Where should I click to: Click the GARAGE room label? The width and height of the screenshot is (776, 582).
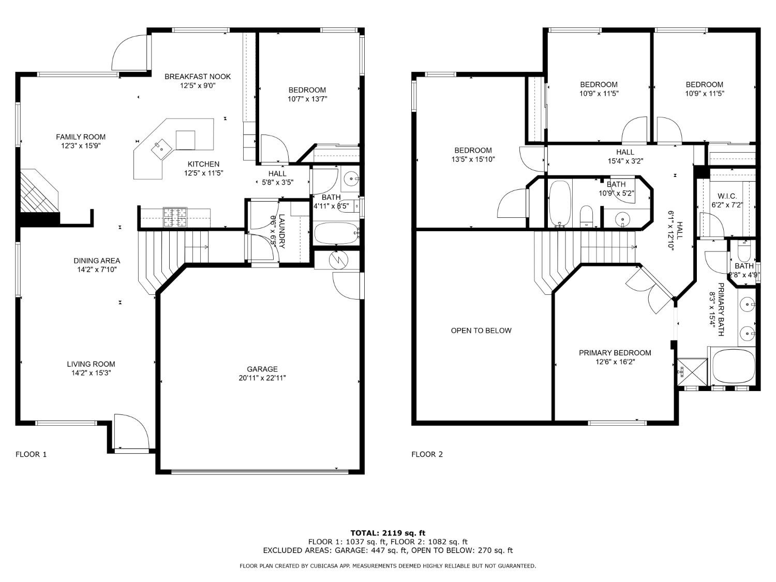pos(262,369)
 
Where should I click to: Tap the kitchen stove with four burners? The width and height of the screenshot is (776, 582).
pos(175,217)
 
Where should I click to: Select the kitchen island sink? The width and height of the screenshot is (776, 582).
pos(160,149)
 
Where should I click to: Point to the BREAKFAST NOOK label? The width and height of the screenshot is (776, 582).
pos(198,77)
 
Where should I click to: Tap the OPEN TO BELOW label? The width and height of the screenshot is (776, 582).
pos(481,331)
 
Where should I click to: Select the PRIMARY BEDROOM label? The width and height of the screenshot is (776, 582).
pos(615,353)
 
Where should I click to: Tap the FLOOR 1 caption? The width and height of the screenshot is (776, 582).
pos(31,454)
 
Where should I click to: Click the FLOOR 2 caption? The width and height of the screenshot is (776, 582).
pos(427,454)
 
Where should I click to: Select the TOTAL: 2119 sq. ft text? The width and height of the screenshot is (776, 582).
pos(387,532)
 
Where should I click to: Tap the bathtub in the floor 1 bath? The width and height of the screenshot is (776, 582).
pos(336,234)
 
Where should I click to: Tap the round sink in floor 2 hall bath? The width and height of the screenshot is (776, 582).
pos(623,219)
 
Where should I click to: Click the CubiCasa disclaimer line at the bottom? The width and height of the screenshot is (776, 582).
pos(387,566)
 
